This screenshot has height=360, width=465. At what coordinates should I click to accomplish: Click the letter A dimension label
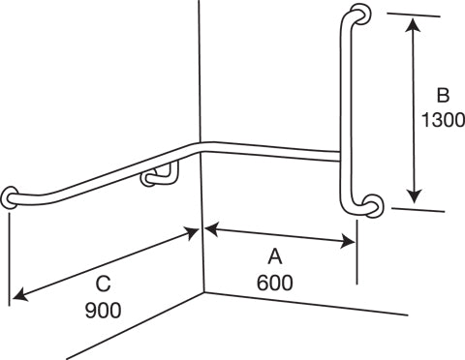click(275, 257)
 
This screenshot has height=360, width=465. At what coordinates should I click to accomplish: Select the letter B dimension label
click(442, 96)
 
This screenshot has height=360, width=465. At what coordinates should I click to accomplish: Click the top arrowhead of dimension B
click(414, 23)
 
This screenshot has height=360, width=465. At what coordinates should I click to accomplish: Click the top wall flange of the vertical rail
click(360, 15)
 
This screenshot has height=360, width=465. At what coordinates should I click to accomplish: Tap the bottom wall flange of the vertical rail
click(373, 205)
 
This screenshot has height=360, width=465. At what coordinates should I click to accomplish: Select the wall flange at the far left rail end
click(10, 198)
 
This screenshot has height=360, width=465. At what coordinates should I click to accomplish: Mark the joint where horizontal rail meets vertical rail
click(339, 155)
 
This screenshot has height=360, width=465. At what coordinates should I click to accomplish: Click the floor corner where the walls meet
click(205, 292)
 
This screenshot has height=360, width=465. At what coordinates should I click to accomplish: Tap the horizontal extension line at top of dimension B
click(417, 15)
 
